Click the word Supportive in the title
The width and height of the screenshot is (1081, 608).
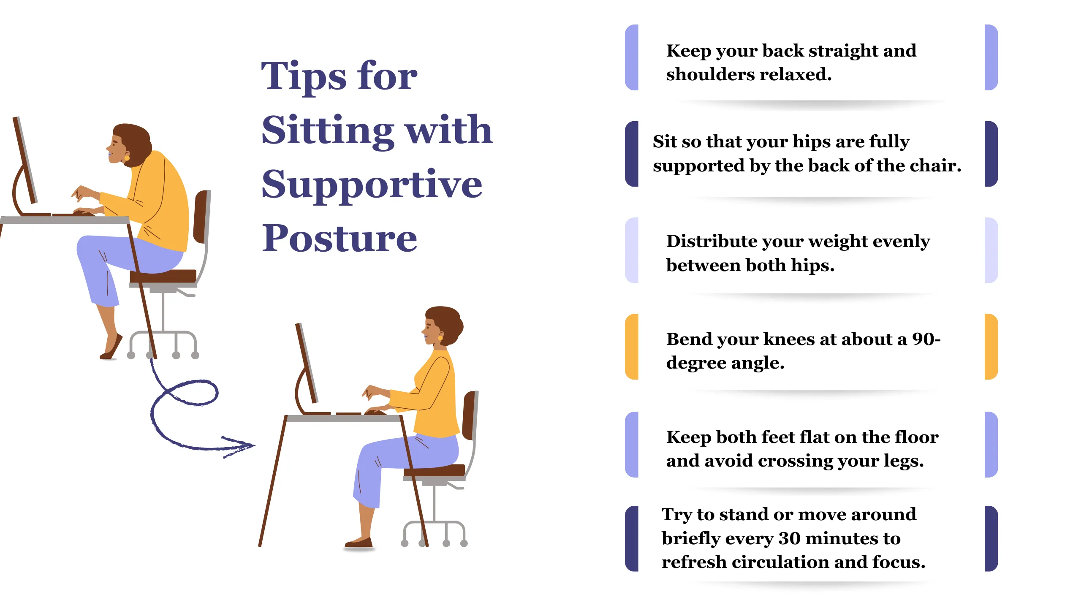pyautogui.click(x=372, y=186)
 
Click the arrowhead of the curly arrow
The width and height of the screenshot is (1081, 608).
pyautogui.click(x=249, y=445)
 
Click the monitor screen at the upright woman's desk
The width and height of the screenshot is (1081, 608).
pyautogui.click(x=307, y=363)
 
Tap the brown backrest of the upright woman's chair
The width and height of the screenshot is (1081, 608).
pyautogui.click(x=469, y=416)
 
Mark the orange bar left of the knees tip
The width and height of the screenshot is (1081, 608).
pyautogui.click(x=632, y=347)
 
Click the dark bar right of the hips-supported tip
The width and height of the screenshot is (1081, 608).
pyautogui.click(x=991, y=154)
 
